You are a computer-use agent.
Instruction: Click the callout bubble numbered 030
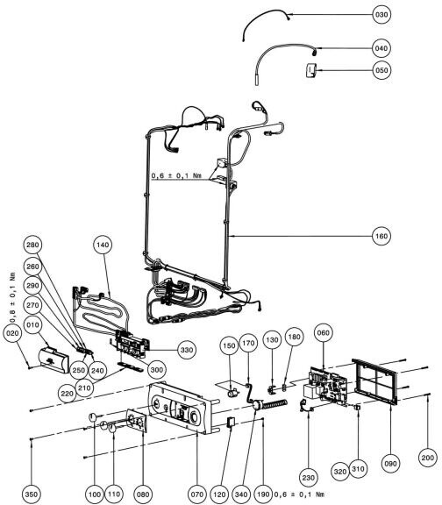click(x=381, y=15)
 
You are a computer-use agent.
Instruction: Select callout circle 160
click(x=381, y=236)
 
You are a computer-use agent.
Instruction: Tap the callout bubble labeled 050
click(x=381, y=70)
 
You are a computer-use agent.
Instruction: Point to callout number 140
click(x=103, y=245)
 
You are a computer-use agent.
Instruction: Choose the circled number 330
click(x=187, y=350)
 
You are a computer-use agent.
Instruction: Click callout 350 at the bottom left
click(x=32, y=494)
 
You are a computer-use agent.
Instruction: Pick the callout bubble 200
click(x=428, y=458)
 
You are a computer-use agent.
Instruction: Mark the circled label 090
click(x=390, y=464)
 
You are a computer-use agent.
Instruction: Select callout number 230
click(x=309, y=477)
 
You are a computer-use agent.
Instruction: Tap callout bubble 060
click(x=323, y=332)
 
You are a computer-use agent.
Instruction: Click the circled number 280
click(x=32, y=245)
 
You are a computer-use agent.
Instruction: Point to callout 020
click(x=12, y=333)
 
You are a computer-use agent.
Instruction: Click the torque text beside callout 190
click(x=299, y=494)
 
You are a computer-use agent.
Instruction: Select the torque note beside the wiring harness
click(x=176, y=175)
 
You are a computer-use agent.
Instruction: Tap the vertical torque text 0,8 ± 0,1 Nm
click(x=12, y=297)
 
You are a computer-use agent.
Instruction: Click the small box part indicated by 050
click(x=310, y=70)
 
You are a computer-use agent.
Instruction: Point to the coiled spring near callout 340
click(x=275, y=404)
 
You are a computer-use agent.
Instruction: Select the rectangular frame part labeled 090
click(x=375, y=381)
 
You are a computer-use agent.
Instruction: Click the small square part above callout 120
click(x=232, y=422)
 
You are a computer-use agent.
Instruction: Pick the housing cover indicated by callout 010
click(x=53, y=359)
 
